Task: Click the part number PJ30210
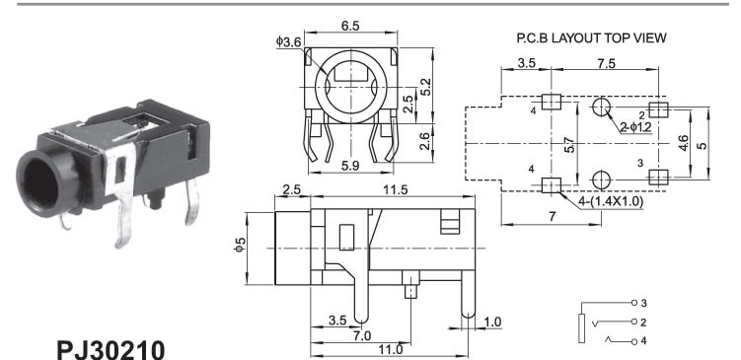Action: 111,349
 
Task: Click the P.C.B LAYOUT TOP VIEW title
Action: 591,38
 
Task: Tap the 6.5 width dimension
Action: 350,26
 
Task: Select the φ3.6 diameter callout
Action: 288,42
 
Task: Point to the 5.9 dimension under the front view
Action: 350,167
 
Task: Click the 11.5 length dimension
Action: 395,190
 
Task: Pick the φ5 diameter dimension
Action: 241,245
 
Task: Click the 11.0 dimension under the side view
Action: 392,349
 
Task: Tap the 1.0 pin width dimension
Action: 492,323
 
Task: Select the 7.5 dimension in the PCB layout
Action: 606,63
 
